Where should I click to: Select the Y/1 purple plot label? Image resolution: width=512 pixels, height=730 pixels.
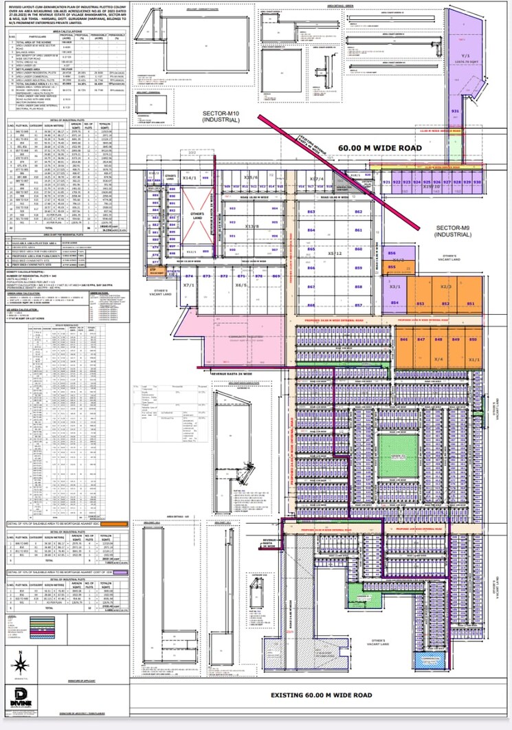(465, 54)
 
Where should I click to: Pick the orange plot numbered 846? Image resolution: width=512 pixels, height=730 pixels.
(404, 340)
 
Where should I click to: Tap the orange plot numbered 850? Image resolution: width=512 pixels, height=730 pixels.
(472, 340)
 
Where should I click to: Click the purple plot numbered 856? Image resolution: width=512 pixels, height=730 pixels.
(392, 254)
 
